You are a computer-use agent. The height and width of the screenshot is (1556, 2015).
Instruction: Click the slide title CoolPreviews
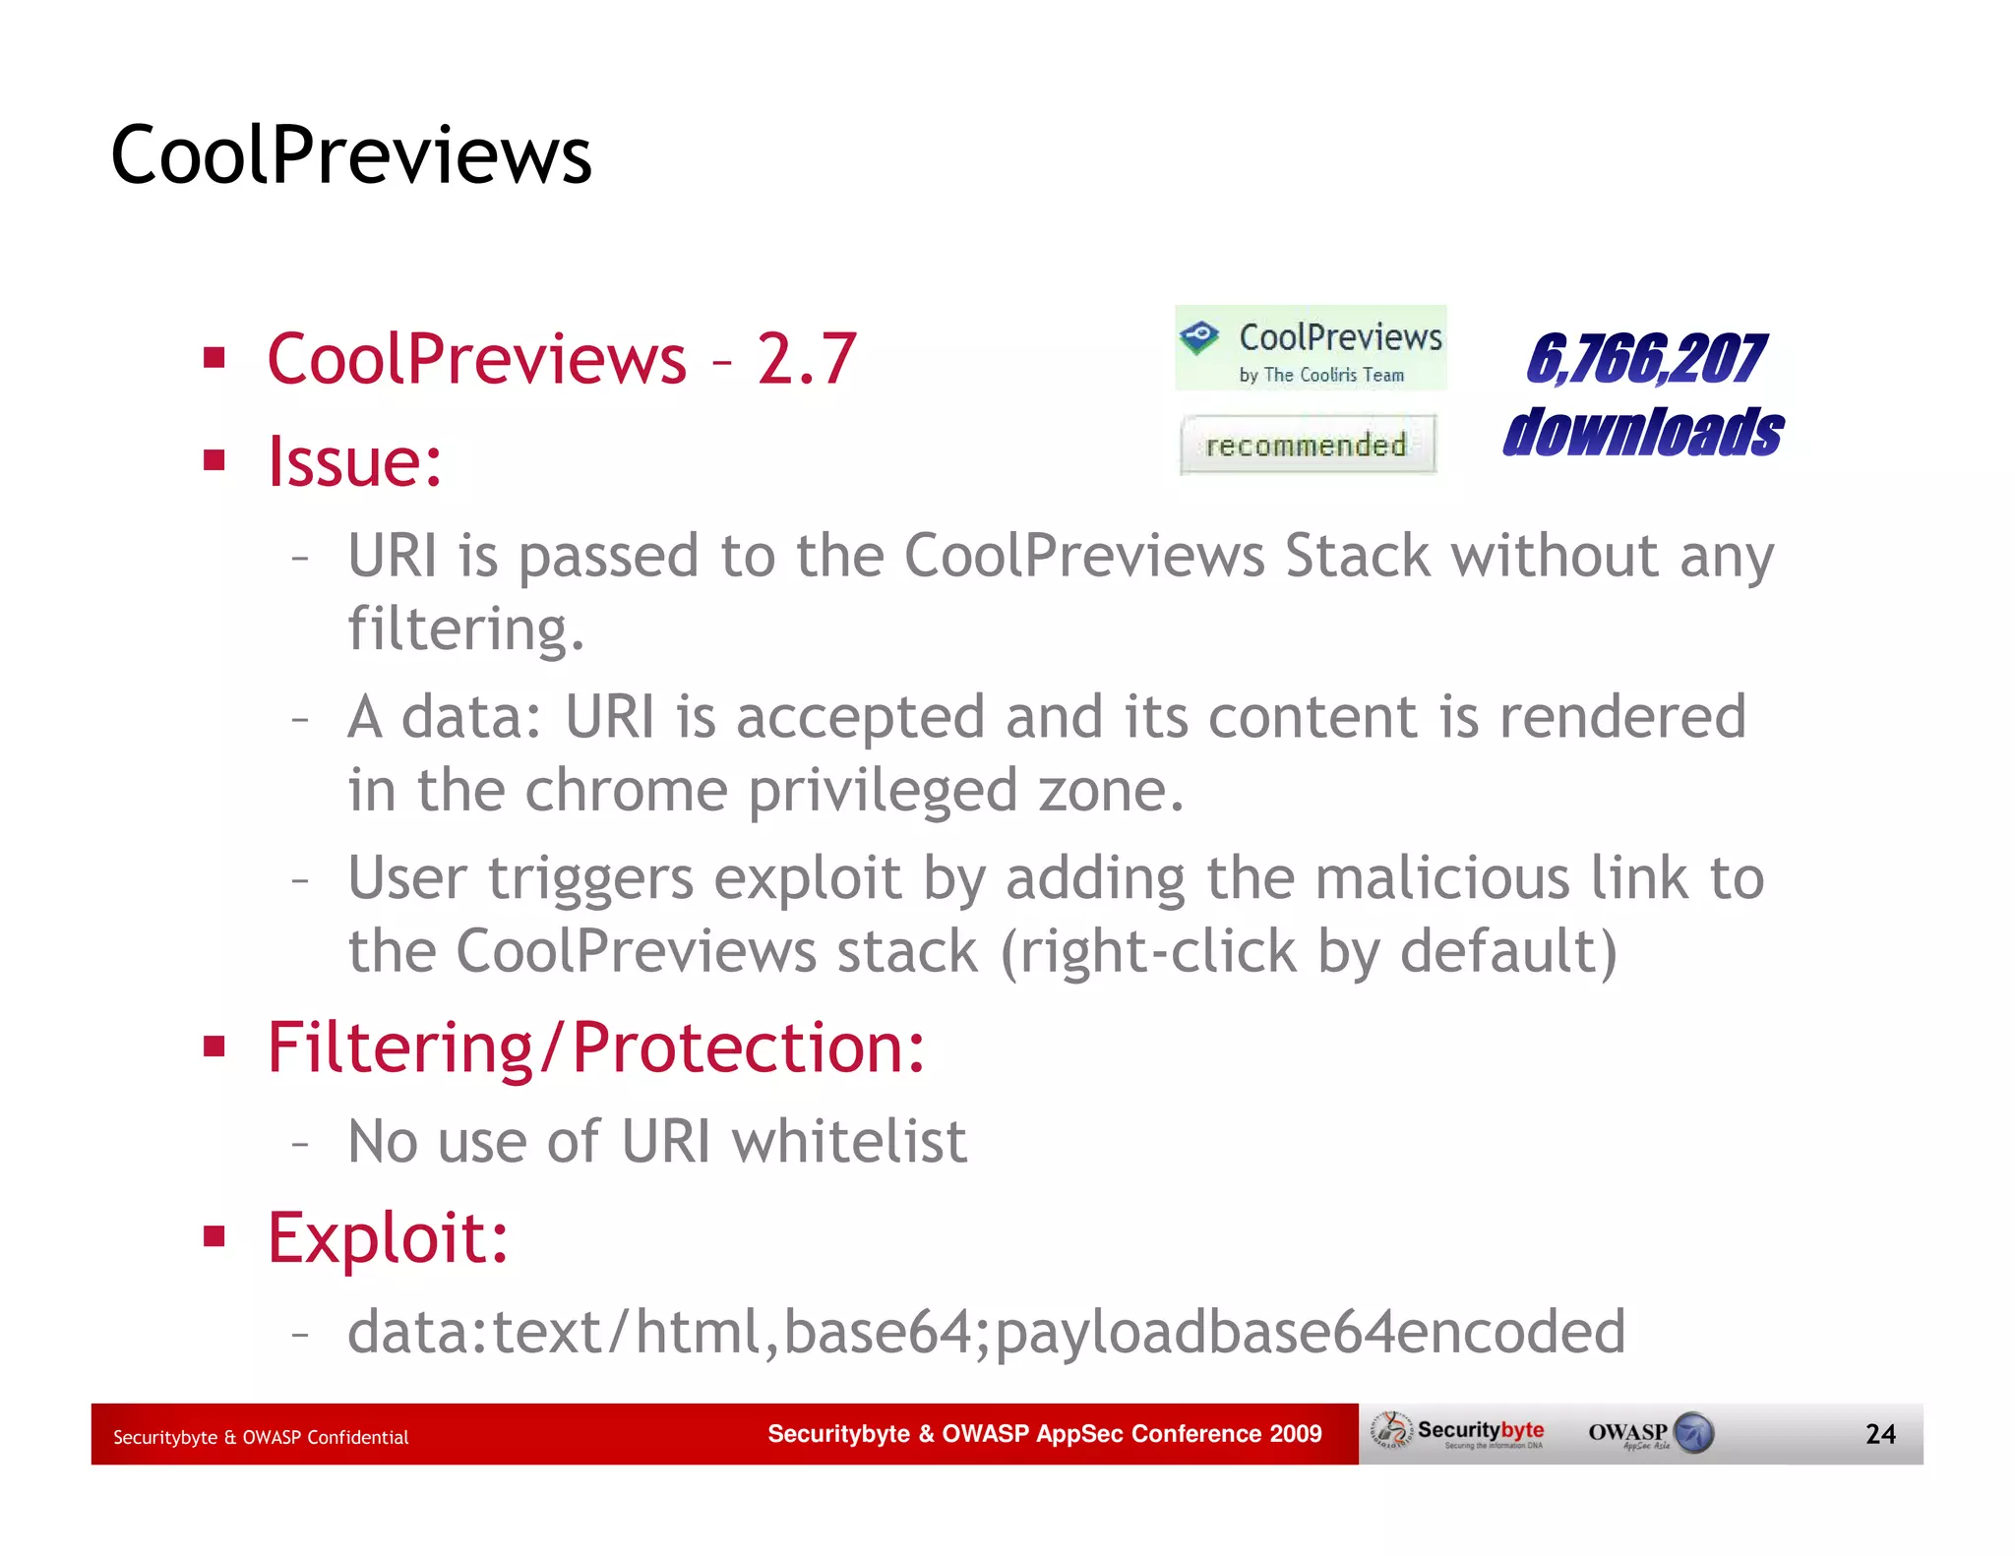coord(351,155)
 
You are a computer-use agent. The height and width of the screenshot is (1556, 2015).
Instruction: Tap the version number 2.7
coord(806,359)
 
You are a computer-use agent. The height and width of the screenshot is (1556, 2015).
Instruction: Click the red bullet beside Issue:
coord(214,460)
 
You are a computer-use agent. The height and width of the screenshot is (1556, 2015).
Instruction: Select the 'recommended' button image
coord(1308,445)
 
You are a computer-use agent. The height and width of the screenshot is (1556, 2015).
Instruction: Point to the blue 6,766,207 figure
coord(1645,359)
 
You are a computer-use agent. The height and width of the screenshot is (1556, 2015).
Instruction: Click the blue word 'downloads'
coord(1643,433)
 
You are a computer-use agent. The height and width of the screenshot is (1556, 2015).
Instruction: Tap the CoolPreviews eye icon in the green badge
coord(1199,337)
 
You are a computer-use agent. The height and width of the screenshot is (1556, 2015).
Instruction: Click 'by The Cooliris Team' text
coord(1321,375)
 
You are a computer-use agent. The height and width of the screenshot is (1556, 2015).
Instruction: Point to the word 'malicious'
coord(1441,878)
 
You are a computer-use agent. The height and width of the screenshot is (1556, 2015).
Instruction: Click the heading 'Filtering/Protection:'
coord(596,1047)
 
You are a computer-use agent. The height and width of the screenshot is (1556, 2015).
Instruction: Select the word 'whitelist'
coord(849,1142)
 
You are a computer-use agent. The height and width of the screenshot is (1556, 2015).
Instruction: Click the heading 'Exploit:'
coord(389,1237)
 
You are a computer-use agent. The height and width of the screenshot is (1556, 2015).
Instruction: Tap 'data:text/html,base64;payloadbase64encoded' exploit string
coord(986,1332)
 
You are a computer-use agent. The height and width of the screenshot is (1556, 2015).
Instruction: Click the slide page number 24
coord(1879,1434)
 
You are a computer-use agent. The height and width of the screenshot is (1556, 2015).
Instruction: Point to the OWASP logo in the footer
coord(1651,1433)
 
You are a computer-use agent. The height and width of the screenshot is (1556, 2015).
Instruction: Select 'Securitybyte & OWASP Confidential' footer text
coord(261,1437)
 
